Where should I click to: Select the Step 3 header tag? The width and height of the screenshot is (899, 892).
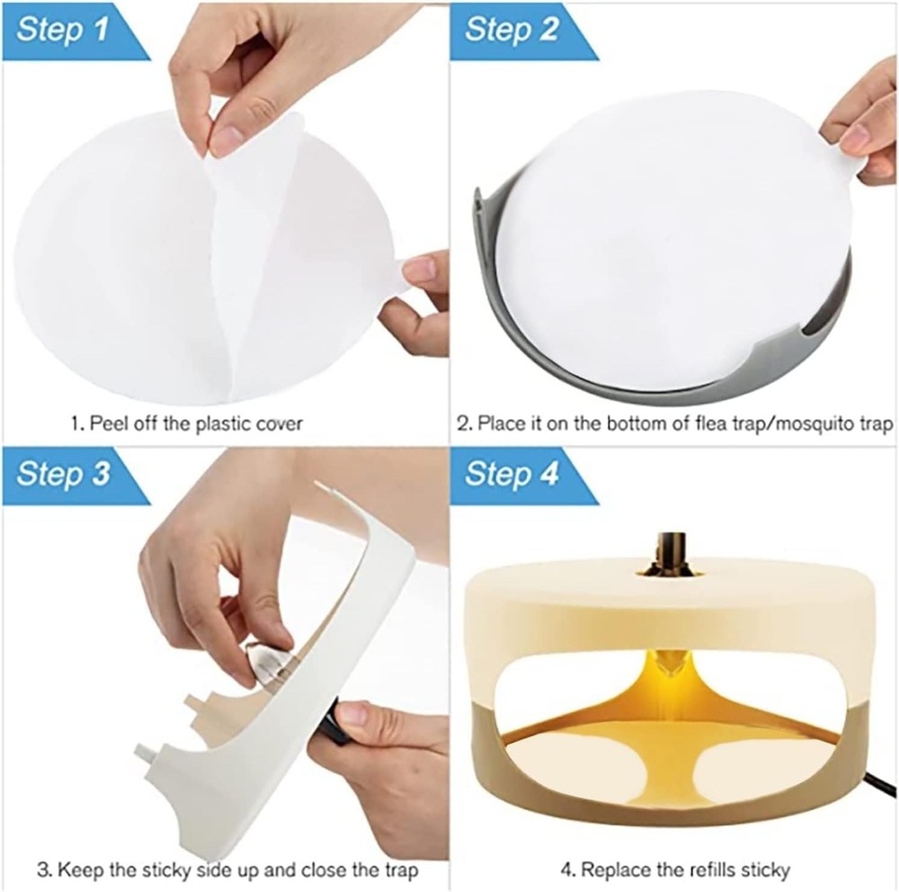(63, 474)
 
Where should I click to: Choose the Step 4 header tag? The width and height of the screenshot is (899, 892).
(512, 474)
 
